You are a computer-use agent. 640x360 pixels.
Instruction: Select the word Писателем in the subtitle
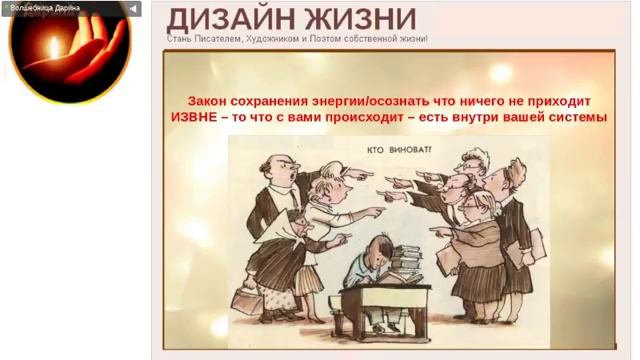[x=223, y=39]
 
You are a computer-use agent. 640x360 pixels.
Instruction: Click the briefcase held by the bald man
[x=246, y=298]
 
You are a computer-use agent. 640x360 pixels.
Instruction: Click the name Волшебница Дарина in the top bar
[x=44, y=8]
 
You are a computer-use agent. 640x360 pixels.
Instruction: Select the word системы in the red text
[x=578, y=118]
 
